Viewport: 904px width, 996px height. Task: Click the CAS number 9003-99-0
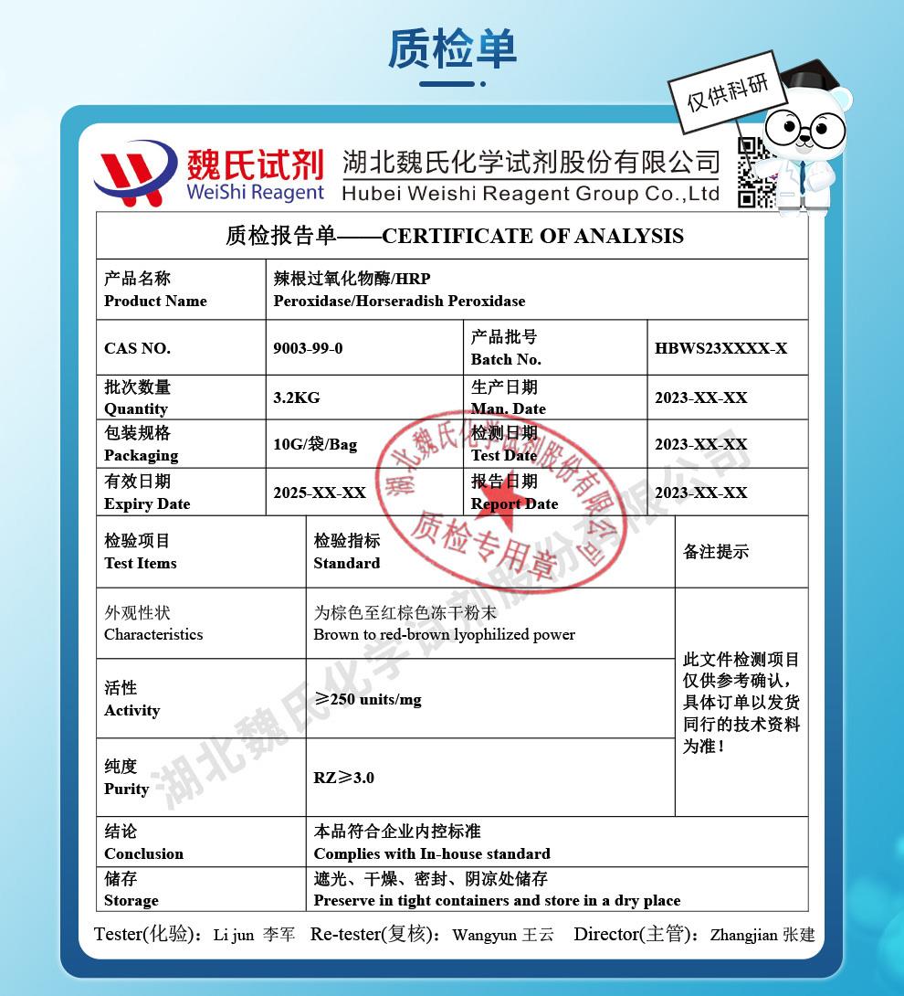click(x=308, y=348)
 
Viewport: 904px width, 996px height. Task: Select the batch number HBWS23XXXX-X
click(x=720, y=348)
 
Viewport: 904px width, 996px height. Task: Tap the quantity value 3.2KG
click(x=297, y=397)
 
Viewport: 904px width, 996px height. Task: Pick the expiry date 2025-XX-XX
click(x=320, y=493)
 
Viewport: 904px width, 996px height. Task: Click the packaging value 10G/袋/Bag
click(x=315, y=445)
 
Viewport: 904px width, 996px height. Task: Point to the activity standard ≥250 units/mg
click(x=368, y=699)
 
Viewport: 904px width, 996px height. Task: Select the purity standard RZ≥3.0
click(x=344, y=778)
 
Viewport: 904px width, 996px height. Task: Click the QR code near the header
click(x=757, y=172)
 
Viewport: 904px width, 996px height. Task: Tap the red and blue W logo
click(x=136, y=172)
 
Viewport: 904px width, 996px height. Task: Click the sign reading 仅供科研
click(x=728, y=90)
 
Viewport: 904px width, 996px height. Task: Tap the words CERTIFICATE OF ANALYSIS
click(x=532, y=236)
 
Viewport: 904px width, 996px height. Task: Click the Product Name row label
click(x=155, y=301)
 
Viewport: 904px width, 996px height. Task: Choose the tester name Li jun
click(x=233, y=936)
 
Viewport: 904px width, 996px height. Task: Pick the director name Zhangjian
click(x=743, y=936)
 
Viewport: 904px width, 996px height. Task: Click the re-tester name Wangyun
click(x=485, y=936)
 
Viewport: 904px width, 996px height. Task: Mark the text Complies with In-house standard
click(x=432, y=854)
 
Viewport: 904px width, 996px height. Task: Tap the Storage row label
click(x=131, y=900)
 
